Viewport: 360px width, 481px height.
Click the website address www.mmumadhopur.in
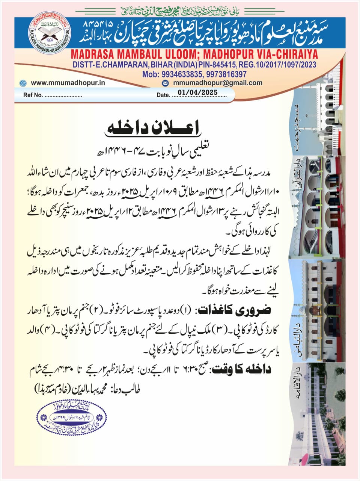(68, 83)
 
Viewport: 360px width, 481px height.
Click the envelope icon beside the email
(165, 83)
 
